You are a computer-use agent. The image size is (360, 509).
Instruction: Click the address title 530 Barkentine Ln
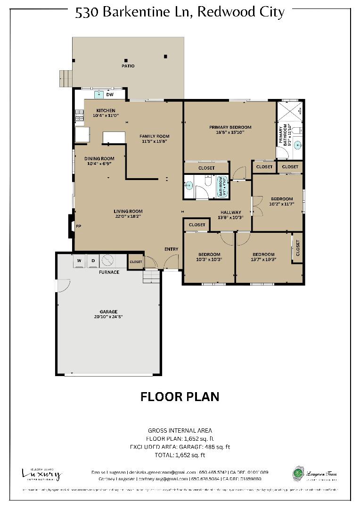tap(180, 12)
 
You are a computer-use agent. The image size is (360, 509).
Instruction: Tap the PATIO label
tap(128, 66)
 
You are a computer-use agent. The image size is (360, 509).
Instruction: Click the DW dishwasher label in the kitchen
tap(110, 95)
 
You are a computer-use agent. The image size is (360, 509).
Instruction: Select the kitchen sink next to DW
tap(99, 95)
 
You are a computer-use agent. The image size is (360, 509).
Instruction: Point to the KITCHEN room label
tap(106, 111)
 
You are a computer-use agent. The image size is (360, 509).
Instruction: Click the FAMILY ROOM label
tap(154, 136)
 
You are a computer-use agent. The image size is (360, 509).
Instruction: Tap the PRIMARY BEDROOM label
tap(230, 127)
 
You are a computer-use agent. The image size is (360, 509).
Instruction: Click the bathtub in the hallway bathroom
tap(221, 186)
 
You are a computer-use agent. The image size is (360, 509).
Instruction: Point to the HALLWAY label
tap(229, 213)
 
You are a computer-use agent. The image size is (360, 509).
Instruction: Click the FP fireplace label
tap(79, 226)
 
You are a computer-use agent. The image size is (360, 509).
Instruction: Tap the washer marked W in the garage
tap(79, 261)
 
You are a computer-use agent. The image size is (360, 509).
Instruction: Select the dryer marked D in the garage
tap(93, 261)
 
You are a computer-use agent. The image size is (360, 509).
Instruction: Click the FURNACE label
tap(109, 272)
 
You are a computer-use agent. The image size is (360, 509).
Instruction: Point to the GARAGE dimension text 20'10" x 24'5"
tap(108, 317)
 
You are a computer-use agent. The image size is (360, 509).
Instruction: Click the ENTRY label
tap(171, 249)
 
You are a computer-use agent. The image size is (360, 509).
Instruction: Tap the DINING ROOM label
tap(99, 159)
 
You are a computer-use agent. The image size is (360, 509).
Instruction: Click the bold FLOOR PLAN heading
tap(180, 397)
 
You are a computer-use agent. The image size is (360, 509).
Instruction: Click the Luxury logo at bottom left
tap(41, 474)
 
